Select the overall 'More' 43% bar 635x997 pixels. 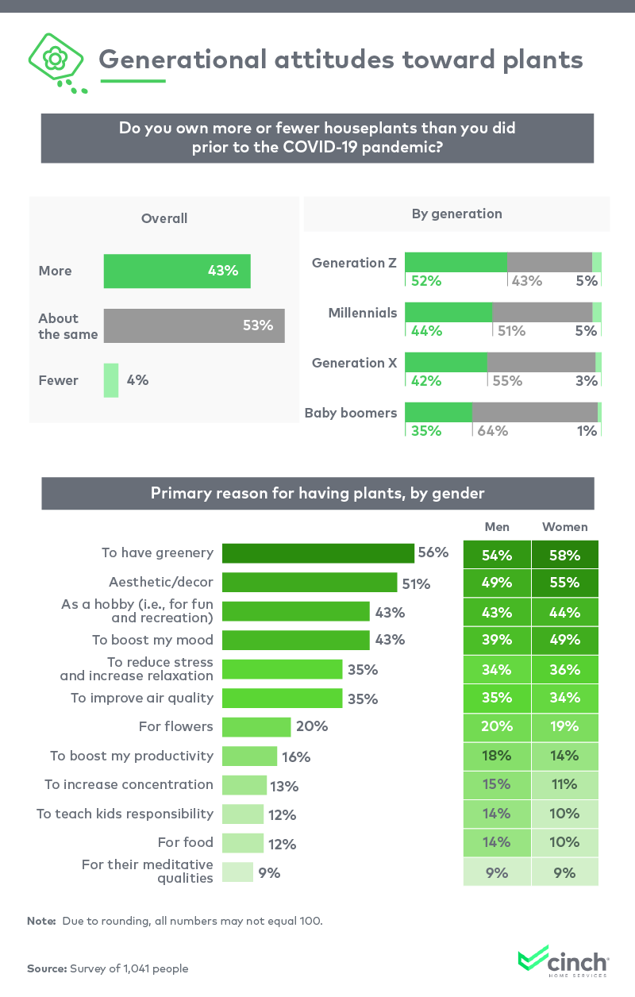177,271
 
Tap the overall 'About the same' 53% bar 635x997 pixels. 194,325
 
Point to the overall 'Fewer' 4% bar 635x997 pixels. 111,380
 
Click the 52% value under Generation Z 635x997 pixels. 425,280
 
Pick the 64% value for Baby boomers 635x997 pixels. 492,431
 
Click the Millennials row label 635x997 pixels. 362,313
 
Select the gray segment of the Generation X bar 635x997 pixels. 541,362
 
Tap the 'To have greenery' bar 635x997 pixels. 317,553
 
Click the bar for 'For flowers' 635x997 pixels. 256,726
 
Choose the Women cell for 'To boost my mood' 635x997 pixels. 564,641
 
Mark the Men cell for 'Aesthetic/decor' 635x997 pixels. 496,583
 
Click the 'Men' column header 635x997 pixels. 497,527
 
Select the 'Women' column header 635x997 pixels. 564,527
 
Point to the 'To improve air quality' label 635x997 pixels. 141,698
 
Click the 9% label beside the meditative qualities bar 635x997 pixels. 269,873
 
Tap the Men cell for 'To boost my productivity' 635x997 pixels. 496,756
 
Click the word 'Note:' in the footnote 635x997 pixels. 41,922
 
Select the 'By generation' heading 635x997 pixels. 456,214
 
